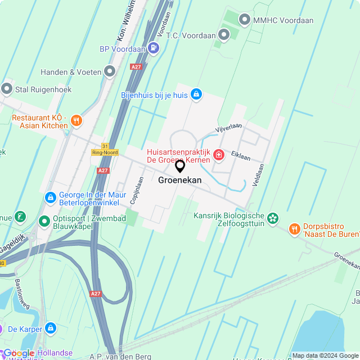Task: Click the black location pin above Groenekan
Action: tap(180, 166)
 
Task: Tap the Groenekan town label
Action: tap(180, 181)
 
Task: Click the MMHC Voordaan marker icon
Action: tap(244, 20)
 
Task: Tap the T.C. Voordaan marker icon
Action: tap(224, 35)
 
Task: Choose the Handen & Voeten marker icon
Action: tap(110, 71)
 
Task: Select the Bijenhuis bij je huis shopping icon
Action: tap(196, 94)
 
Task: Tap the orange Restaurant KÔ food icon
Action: tap(76, 120)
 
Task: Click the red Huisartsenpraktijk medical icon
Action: tap(218, 155)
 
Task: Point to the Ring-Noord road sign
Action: tap(105, 152)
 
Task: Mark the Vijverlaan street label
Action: tap(228, 128)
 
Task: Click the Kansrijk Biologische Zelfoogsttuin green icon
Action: tap(273, 217)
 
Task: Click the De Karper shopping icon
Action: tap(51, 327)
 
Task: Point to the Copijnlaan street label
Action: tap(135, 191)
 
